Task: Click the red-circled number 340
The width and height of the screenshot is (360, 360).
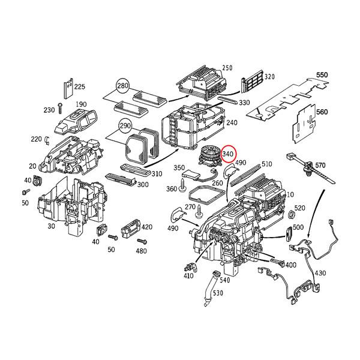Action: (228, 155)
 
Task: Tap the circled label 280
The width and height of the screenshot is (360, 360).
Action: (123, 87)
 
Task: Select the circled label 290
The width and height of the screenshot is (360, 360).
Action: (125, 127)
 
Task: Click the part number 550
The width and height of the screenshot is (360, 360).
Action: (322, 76)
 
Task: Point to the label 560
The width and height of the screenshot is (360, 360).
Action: (322, 112)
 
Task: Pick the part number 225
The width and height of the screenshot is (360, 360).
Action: (80, 86)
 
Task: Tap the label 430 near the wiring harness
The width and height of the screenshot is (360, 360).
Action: (320, 273)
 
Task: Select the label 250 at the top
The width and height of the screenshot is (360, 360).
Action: (227, 68)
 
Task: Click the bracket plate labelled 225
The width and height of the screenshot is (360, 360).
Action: (68, 88)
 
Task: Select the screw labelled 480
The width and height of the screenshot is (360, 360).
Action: (142, 241)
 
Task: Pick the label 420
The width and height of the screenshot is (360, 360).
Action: (146, 227)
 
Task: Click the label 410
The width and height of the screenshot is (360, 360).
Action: (188, 277)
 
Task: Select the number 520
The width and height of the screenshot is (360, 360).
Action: (299, 208)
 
